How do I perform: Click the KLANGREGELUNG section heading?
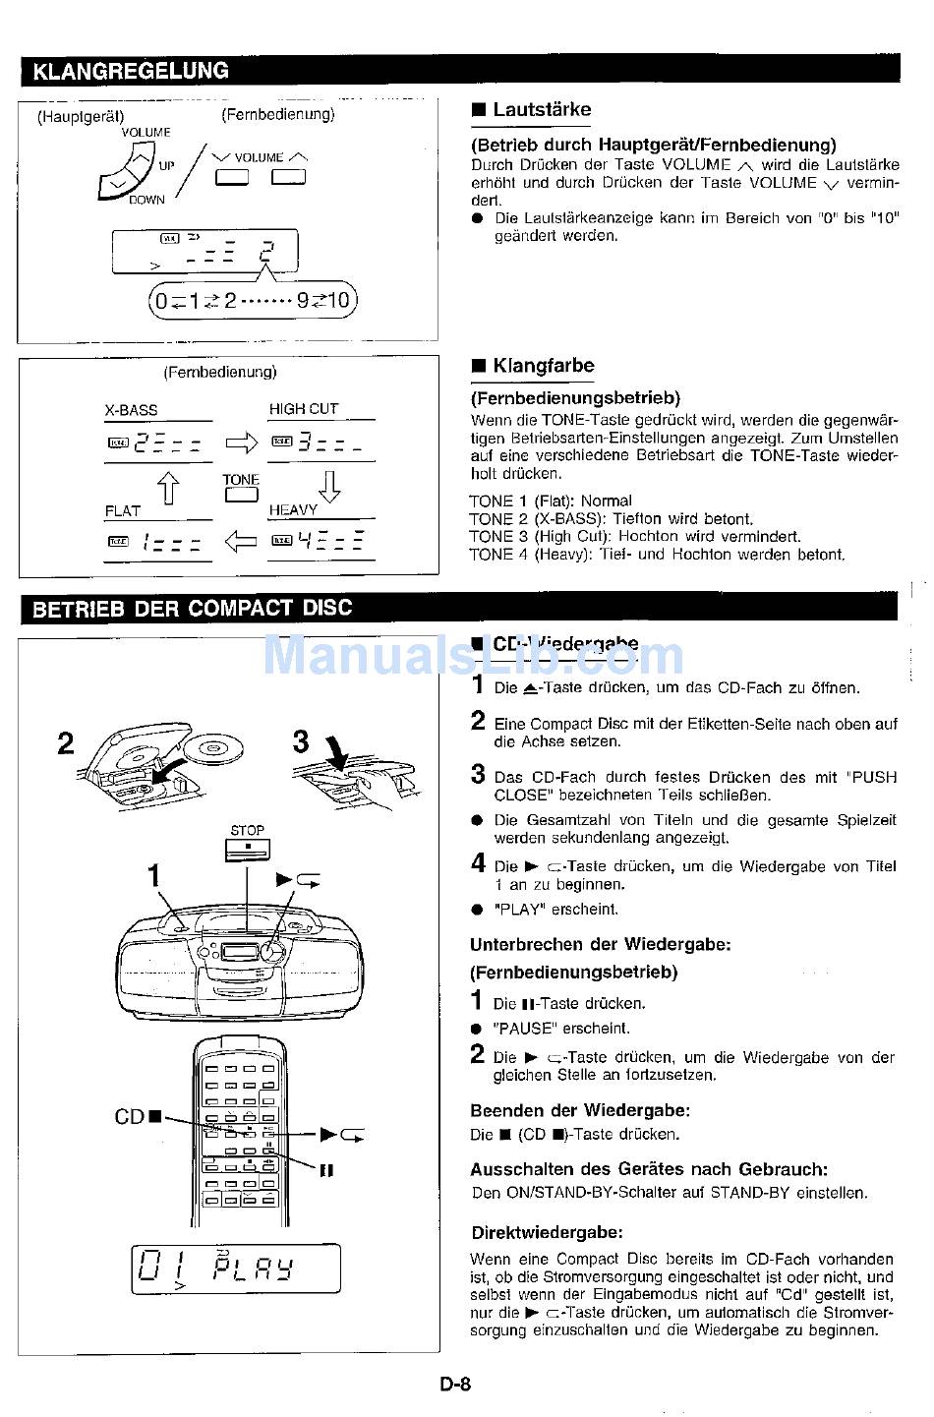coord(131,71)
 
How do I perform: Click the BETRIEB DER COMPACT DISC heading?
coord(193,608)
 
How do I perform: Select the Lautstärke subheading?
coord(542,110)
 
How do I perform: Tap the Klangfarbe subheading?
coord(543,366)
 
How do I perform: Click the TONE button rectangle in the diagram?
coord(240,496)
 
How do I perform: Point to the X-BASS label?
coord(131,410)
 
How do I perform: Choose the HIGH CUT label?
coord(303,409)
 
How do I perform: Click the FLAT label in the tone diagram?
coord(123,510)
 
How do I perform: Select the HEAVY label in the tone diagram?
coord(293,510)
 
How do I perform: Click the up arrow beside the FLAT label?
coord(169,487)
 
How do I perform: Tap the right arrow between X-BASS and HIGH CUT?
coord(241,444)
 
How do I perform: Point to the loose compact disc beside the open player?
coord(213,749)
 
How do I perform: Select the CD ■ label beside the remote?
coord(130,1116)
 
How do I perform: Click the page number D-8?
coord(455,1385)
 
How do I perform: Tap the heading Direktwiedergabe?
coord(547,1232)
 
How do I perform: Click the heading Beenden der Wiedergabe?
coord(579,1110)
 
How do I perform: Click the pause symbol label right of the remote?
coord(327,1170)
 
